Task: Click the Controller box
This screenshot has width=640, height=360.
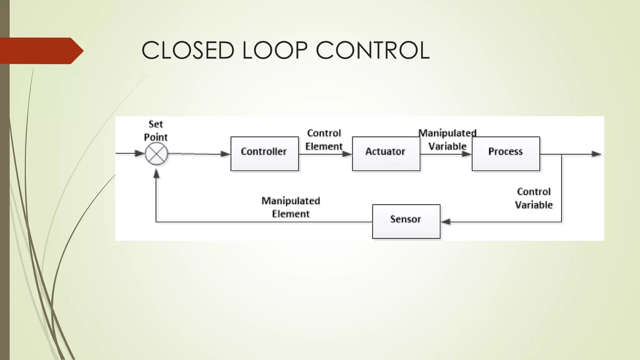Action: [264, 154]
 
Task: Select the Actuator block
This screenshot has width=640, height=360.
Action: [386, 154]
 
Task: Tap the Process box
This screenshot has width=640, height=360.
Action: [506, 154]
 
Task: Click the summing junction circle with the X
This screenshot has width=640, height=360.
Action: [156, 154]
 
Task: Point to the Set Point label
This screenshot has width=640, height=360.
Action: [156, 131]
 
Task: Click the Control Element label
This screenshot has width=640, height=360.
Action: [324, 140]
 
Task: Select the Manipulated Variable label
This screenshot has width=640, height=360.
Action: [447, 140]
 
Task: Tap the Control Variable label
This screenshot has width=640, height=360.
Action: [534, 198]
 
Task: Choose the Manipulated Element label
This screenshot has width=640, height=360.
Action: [291, 207]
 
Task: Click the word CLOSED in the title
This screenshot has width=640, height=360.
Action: [188, 50]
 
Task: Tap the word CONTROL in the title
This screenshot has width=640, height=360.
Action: [372, 50]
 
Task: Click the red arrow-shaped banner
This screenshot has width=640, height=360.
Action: [41, 51]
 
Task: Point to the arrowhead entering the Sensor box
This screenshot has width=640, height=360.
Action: [446, 222]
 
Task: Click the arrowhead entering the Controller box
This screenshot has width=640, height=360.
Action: [225, 154]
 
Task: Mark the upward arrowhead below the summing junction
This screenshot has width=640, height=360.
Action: [157, 174]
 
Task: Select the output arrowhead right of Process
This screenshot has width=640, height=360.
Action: [596, 154]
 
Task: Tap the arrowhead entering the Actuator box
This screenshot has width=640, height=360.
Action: [347, 154]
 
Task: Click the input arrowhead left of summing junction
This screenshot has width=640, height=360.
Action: [139, 153]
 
